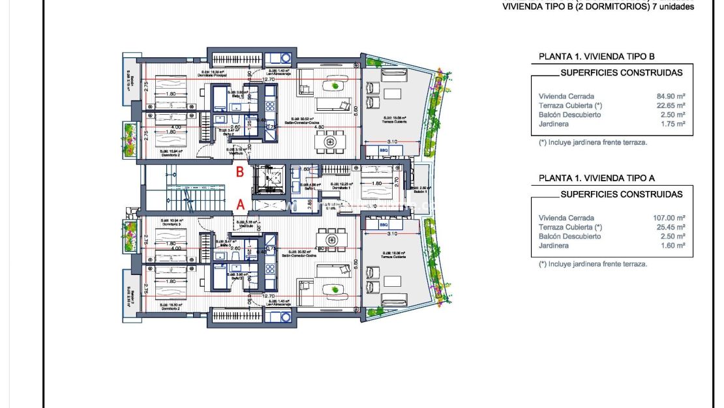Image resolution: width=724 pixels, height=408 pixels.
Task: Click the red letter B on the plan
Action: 240,173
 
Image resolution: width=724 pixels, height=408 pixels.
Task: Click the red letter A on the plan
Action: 240,204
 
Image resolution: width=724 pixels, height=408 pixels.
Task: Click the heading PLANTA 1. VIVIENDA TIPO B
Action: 596,57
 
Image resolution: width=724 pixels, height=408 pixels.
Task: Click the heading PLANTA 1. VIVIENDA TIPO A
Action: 596,178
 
